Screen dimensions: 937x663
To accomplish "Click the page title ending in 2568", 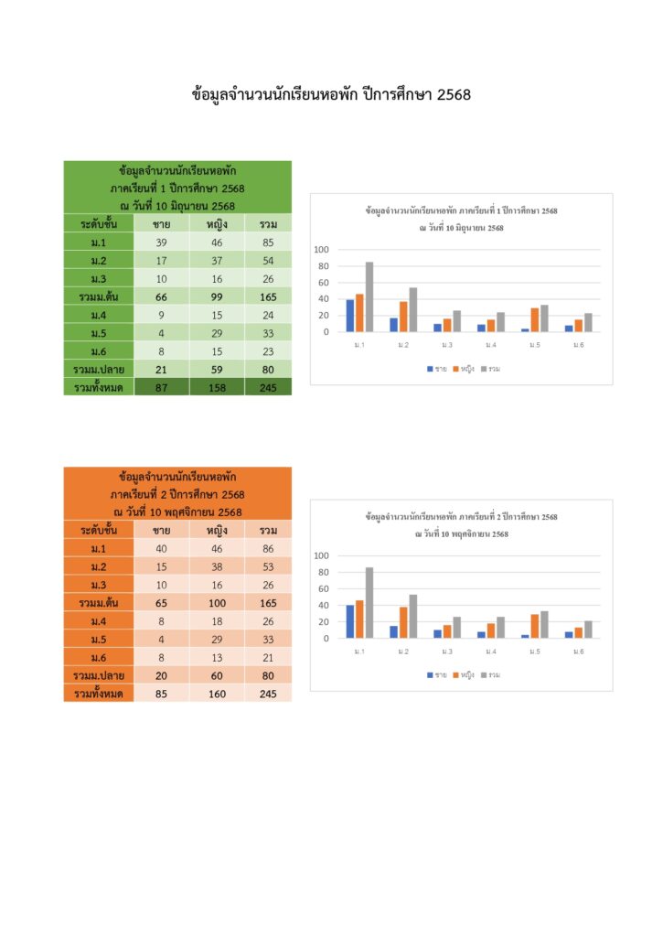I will pyautogui.click(x=331, y=94).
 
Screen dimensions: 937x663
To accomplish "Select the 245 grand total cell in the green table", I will pyautogui.click(x=268, y=387).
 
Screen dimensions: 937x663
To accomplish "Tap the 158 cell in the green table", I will pyautogui.click(x=217, y=387).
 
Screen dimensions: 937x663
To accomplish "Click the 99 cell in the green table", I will pyautogui.click(x=217, y=296).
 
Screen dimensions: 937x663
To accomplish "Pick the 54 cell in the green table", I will pyautogui.click(x=268, y=261).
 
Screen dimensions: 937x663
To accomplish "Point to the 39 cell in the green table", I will pyautogui.click(x=161, y=242).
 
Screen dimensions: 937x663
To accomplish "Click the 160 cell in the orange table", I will pyautogui.click(x=217, y=693).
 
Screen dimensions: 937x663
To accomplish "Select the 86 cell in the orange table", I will pyautogui.click(x=268, y=548).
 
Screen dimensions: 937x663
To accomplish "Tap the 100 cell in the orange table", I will pyautogui.click(x=217, y=603).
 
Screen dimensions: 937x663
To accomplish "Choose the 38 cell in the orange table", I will pyautogui.click(x=217, y=566).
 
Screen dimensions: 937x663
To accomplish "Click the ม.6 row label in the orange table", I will pyautogui.click(x=99, y=657).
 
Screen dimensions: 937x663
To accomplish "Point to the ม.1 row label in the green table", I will pyautogui.click(x=99, y=242).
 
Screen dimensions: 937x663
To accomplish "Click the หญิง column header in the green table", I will pyautogui.click(x=217, y=224).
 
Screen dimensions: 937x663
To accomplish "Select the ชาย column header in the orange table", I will pyautogui.click(x=161, y=530).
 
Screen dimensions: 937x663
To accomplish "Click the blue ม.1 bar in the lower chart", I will pyautogui.click(x=350, y=621).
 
